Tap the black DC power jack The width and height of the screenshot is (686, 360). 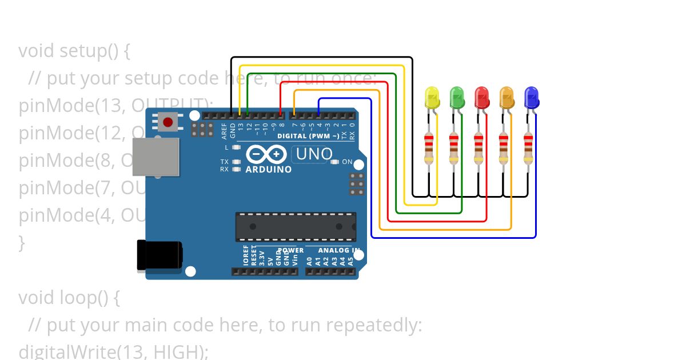pos(159,255)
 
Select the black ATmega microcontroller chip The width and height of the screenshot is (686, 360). pos(296,226)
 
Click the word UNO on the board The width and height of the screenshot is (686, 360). pos(314,154)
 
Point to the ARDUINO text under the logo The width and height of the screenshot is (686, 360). pos(269,170)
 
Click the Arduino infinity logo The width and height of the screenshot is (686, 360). pos(266,154)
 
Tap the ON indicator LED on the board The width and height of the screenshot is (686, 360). pos(336,162)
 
